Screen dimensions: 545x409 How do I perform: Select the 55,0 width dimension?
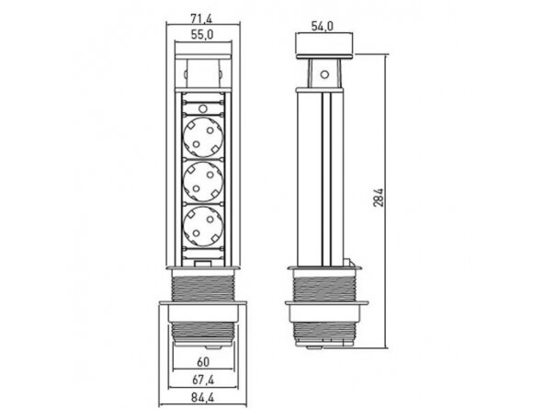[203, 35]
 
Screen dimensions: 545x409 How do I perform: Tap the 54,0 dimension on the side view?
[323, 27]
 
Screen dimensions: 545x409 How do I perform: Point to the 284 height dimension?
[379, 198]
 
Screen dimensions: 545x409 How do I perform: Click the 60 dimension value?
[203, 362]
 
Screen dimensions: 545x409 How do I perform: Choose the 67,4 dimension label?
[203, 381]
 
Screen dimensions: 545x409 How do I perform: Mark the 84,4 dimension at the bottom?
[202, 398]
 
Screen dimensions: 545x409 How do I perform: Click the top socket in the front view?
[203, 137]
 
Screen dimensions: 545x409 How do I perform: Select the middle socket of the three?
[203, 182]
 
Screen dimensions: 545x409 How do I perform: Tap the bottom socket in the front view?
[203, 226]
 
